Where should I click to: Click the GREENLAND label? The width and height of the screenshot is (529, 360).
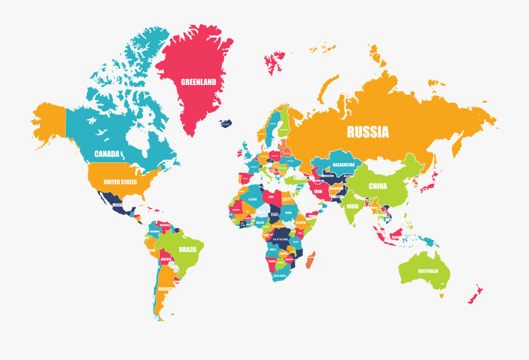tap(198, 82)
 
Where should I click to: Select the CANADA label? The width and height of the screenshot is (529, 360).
tap(107, 154)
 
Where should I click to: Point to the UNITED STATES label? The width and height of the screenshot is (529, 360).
tap(120, 182)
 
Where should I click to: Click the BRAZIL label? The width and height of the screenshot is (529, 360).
tap(188, 249)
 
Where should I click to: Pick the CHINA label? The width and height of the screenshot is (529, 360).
tap(378, 186)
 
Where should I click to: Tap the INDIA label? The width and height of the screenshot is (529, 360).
tap(352, 207)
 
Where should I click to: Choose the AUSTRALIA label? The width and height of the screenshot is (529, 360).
tap(427, 271)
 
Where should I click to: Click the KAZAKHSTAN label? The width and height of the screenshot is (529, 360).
tap(343, 165)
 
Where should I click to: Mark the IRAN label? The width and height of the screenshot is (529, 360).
tap(318, 191)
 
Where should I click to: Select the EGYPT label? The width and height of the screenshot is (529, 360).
tap(287, 200)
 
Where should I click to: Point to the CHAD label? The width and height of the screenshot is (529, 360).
tap(274, 214)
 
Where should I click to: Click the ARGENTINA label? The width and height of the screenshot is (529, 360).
tap(166, 290)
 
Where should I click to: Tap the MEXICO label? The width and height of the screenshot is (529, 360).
tap(118, 205)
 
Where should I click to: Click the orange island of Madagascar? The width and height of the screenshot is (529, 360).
tap(310, 260)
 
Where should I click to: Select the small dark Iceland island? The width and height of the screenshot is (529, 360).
tap(226, 123)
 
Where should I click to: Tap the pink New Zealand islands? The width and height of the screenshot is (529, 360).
tap(475, 293)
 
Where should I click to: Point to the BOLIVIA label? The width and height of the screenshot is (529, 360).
tap(166, 259)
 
